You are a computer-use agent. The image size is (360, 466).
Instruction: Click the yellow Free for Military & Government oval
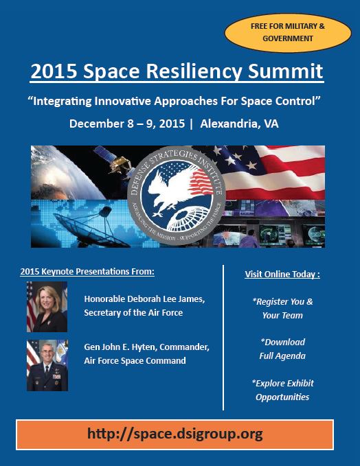pos(288,33)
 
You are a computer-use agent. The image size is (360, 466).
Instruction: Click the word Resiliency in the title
pos(194,71)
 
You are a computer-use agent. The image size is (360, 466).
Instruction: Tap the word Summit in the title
pos(286,71)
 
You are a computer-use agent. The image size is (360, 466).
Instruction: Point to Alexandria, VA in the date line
pos(240,124)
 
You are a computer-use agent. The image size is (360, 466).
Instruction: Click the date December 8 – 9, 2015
pos(127,124)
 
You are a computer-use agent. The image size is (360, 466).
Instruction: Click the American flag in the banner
pos(268,172)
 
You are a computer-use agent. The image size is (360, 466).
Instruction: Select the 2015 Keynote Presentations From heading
pos(87,272)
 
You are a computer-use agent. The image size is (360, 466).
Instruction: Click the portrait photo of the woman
pos(47,307)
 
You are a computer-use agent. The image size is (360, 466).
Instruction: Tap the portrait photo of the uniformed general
pos(47,365)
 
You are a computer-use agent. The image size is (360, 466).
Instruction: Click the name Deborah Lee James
pos(166,299)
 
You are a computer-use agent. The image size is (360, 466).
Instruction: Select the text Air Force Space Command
pos(135,361)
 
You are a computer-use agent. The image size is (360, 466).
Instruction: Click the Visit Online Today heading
pos(282,274)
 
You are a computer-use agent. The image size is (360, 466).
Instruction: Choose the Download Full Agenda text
pos(282,349)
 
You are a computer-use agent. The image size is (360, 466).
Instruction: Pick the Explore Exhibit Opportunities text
pos(282,390)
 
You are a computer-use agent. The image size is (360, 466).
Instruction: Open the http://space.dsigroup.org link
pos(175,434)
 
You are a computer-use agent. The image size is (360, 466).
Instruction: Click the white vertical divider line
pos(223,338)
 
